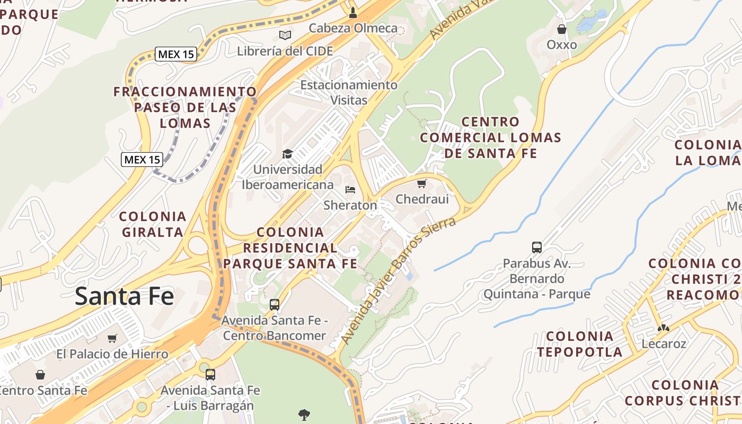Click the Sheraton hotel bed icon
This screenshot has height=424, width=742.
click(350, 190)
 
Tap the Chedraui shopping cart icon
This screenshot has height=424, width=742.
click(422, 184)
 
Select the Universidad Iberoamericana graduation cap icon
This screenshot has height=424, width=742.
click(287, 154)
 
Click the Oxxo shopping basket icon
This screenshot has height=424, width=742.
click(562, 29)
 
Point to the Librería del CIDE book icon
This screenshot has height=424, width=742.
click(285, 36)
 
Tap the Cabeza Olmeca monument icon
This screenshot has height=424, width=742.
click(353, 12)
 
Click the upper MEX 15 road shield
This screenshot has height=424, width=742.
click(176, 54)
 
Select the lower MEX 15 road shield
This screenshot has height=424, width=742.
click(142, 159)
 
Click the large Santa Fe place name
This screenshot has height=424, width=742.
click(124, 296)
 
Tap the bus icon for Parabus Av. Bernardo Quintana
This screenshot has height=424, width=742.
click(537, 247)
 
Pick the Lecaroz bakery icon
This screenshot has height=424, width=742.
click(664, 328)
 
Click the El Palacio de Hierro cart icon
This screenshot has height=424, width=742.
click(112, 338)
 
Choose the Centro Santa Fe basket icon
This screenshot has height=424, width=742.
click(40, 375)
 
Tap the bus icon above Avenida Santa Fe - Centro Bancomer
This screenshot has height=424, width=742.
click(275, 305)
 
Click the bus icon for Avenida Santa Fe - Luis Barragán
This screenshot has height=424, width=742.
click(210, 375)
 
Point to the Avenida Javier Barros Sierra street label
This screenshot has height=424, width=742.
click(398, 280)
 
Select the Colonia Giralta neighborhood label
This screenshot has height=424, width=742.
click(153, 224)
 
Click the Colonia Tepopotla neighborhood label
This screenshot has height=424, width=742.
click(579, 344)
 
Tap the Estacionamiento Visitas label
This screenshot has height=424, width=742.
click(349, 92)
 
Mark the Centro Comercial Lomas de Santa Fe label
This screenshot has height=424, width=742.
click(491, 138)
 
